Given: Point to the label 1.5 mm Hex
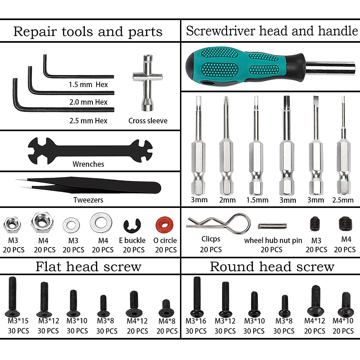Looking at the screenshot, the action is pos(88,85).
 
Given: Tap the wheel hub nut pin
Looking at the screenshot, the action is pos(272,226).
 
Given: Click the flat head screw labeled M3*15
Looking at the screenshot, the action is pos(12,296).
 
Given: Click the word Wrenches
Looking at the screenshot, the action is pos(88,164).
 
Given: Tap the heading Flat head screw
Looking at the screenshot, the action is pos(88,266).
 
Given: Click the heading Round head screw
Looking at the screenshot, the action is pos(272,266).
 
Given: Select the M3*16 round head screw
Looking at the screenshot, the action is pos(197,295).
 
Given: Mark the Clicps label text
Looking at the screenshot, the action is pos(211,239).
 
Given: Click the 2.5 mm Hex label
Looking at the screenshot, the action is pos(88,121).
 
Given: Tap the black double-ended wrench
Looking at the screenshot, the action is pos(90,149).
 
